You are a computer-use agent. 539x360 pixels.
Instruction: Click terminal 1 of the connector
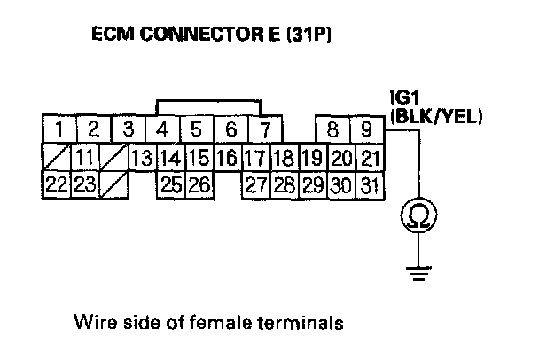[x=59, y=131]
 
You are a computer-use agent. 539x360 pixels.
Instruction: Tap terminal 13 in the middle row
[x=141, y=159]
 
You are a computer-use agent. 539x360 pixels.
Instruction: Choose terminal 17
[x=255, y=159]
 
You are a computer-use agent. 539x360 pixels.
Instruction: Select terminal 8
[x=332, y=131]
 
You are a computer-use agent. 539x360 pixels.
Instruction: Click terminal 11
[x=85, y=159]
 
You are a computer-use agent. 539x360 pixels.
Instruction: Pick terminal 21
[x=371, y=159]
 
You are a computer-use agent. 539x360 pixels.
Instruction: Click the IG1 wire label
[x=404, y=97]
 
